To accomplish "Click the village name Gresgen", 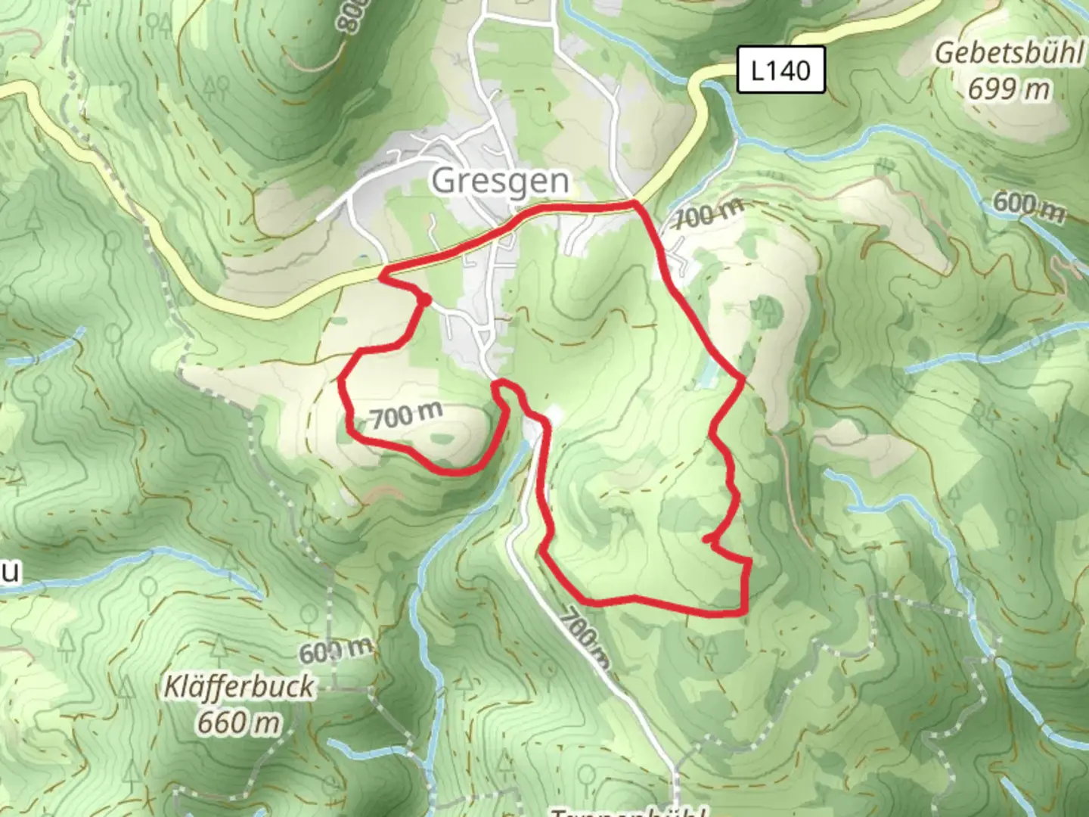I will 500,182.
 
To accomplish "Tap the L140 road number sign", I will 780,70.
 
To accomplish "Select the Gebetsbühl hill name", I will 1009,53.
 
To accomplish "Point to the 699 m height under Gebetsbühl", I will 1009,89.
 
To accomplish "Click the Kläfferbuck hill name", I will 239,687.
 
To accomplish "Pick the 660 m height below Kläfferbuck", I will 239,722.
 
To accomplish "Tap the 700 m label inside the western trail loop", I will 406,415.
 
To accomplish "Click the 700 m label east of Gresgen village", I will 709,215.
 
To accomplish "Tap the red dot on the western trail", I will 426,300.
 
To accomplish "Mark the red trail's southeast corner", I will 745,611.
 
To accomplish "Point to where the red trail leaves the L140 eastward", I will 635,203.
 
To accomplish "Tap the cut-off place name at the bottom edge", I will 628,811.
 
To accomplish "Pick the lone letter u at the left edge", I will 9,573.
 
